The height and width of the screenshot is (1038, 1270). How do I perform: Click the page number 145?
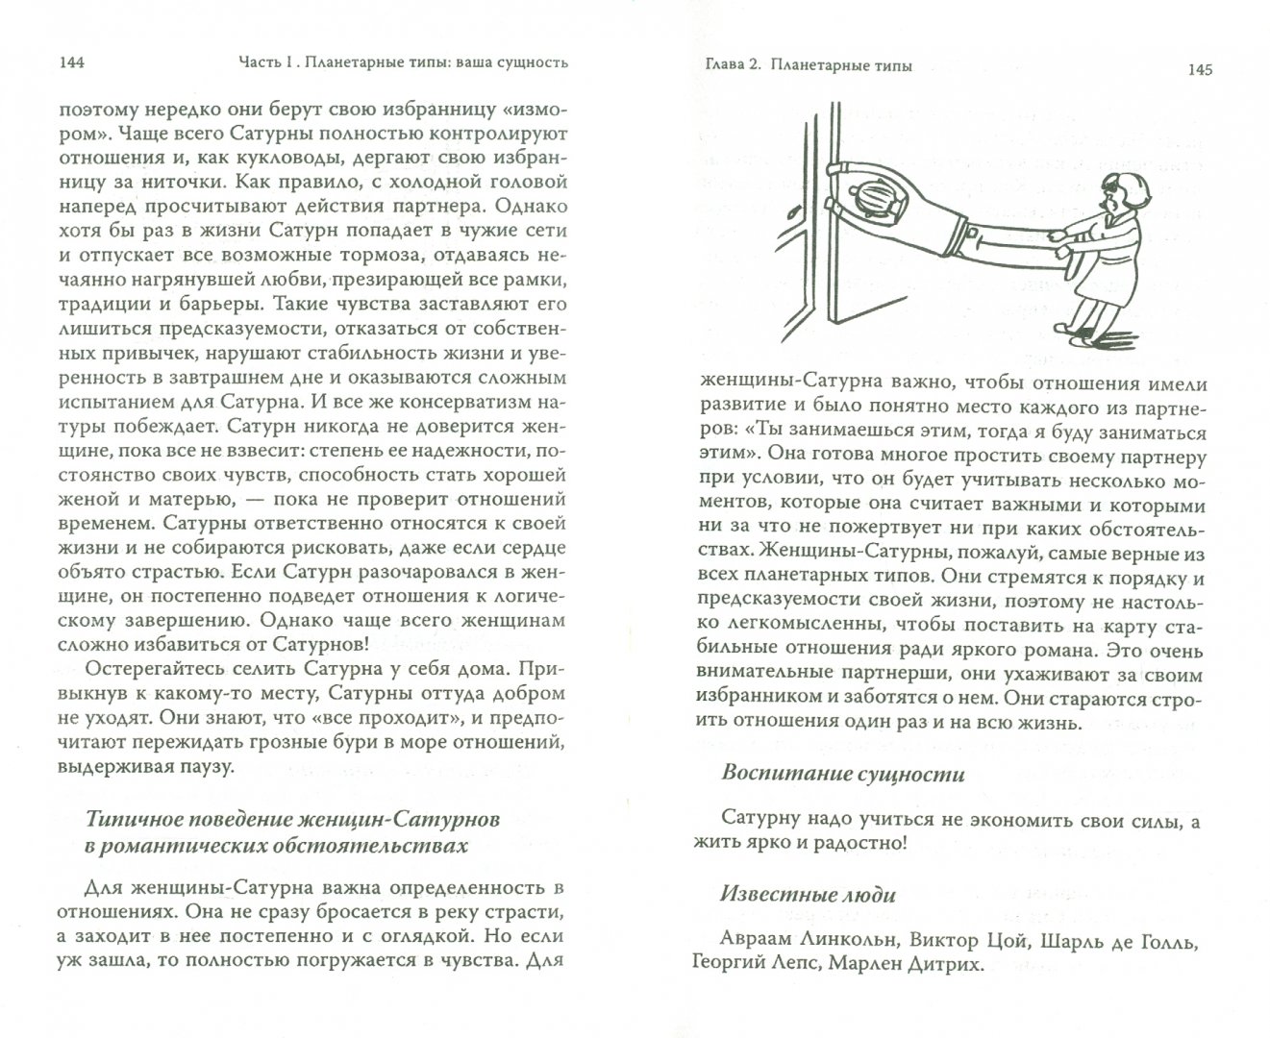click(1200, 69)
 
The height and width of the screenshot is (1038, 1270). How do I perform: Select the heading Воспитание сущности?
click(842, 774)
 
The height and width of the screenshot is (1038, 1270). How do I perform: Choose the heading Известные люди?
click(808, 894)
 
